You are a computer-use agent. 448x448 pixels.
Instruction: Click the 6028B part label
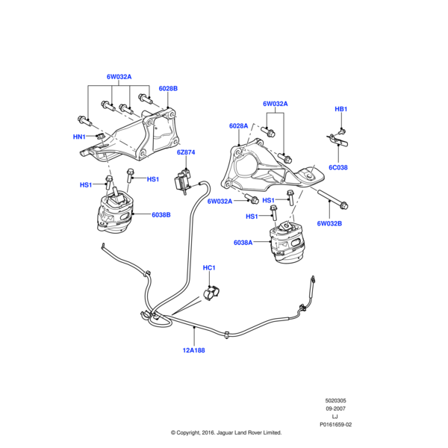tap(167, 89)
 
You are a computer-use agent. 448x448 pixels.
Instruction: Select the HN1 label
tap(78, 137)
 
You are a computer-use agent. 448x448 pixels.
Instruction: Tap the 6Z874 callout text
tap(186, 152)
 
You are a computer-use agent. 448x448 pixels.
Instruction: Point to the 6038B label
tap(161, 215)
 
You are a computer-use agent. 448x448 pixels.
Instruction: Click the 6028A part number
tap(238, 126)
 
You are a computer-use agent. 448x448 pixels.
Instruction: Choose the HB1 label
tap(340, 110)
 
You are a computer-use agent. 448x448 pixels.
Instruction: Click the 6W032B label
tap(329, 223)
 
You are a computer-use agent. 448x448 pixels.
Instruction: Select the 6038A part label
tap(243, 243)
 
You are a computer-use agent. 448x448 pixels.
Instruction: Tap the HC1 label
tap(209, 267)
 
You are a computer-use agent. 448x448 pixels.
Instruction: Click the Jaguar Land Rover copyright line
tap(225, 433)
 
